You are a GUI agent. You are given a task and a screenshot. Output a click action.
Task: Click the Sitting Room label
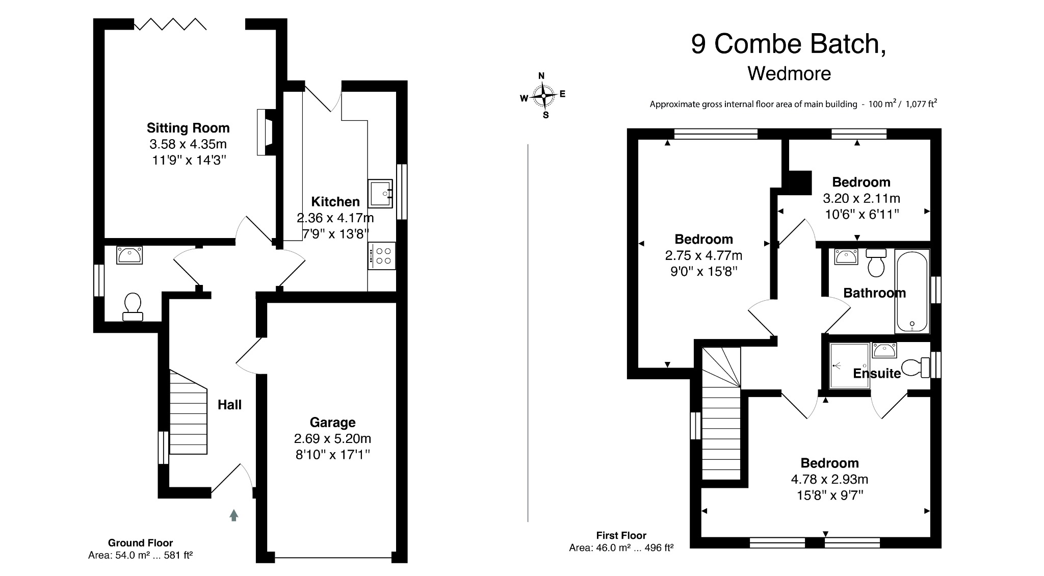[x=188, y=128]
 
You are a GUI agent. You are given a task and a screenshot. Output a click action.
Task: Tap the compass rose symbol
[x=544, y=95]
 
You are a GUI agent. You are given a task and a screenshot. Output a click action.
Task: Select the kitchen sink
[x=380, y=194]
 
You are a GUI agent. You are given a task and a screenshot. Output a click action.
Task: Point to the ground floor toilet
[x=133, y=307]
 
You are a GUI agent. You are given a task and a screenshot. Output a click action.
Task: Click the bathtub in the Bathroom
[x=912, y=291]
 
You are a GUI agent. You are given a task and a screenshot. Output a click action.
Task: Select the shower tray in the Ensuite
[x=849, y=365]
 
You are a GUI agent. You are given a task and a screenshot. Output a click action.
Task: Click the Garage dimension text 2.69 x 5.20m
[x=332, y=438]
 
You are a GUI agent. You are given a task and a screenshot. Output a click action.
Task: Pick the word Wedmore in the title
[x=789, y=74]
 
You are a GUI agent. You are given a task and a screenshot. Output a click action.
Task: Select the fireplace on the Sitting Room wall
[x=266, y=133]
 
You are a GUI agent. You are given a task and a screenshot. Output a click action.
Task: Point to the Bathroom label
[x=874, y=293]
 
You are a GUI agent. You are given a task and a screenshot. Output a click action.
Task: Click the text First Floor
[x=621, y=535]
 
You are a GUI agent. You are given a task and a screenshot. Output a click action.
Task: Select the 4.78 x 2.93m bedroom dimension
[x=829, y=479]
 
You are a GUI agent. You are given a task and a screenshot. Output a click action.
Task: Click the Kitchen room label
[x=335, y=201]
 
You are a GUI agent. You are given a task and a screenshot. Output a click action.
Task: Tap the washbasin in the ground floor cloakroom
[x=129, y=255]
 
